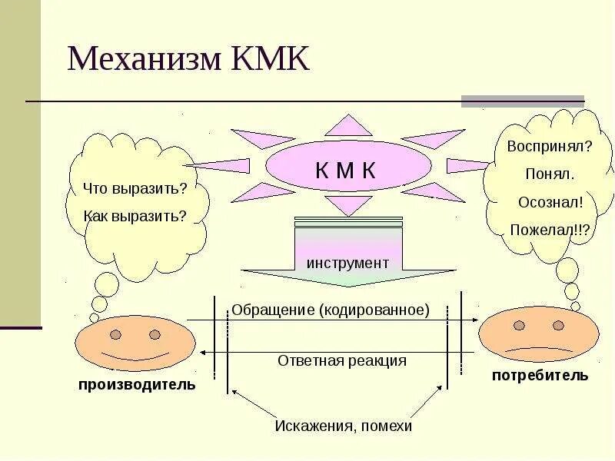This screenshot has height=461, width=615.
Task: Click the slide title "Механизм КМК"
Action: coord(188,59)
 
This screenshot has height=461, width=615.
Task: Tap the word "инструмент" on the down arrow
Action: coord(347,263)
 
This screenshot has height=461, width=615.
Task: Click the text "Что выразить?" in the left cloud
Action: coord(135,188)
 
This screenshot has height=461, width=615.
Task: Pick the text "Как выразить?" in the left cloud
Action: coord(135,216)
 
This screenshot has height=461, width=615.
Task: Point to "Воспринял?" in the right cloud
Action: coord(550,145)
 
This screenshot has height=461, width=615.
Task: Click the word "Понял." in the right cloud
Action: coord(550,174)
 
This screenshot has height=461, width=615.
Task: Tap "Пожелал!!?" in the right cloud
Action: coord(550,229)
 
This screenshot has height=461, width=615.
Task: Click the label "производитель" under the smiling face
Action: coord(137,384)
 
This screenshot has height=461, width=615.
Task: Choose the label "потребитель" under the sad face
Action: coord(540,375)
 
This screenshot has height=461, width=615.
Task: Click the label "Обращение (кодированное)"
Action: coord(330,310)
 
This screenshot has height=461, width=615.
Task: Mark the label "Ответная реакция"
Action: coord(341,360)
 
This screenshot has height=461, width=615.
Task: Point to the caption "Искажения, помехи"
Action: coord(344,426)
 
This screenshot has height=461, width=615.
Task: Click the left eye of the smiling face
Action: coord(115,335)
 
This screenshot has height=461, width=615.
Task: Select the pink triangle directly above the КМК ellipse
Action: coord(348,126)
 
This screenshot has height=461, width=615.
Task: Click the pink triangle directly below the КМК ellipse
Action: coord(348,205)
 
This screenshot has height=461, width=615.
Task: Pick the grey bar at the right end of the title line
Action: coord(522,101)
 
